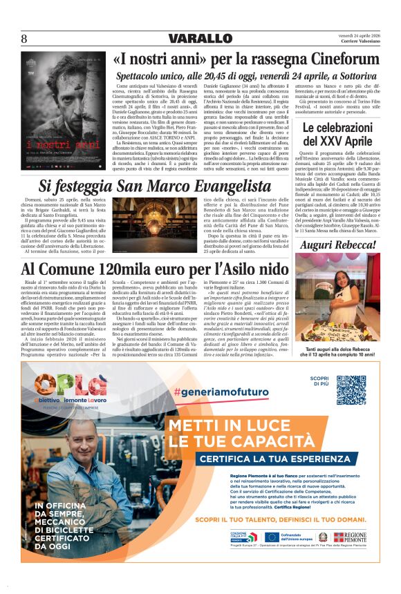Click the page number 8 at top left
[24, 39]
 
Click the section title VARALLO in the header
[200, 39]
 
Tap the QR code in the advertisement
[351, 391]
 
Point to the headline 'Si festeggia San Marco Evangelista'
[155, 186]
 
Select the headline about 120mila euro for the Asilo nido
[155, 269]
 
